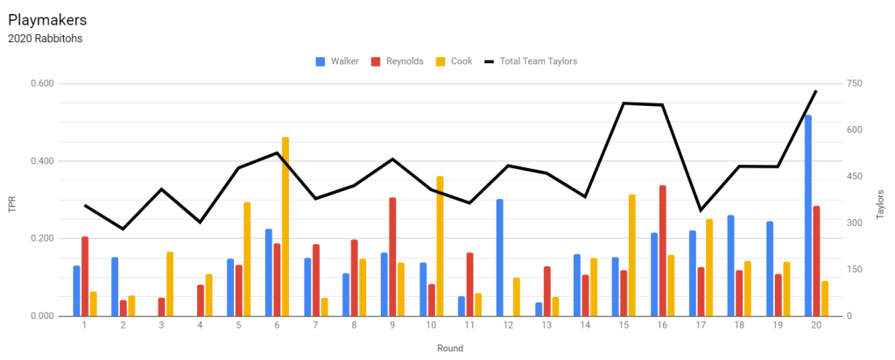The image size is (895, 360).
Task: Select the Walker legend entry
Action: point(340,61)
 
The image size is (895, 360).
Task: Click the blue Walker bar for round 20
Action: point(807,215)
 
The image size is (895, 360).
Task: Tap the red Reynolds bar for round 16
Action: point(663,251)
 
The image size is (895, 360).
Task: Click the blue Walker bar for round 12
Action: point(499,258)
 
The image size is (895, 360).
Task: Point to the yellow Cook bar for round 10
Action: point(440,246)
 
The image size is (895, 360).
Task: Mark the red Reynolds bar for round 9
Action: point(393,257)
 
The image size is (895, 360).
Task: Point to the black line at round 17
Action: point(701,210)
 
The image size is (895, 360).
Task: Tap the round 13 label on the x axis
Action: point(546,326)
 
